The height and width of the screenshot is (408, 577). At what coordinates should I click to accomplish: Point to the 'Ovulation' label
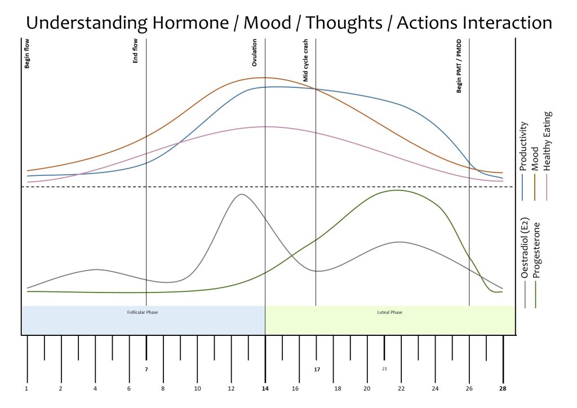click(x=255, y=52)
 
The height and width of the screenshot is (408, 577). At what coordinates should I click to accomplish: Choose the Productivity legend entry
click(x=523, y=146)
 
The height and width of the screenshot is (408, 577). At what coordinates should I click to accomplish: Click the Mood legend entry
click(x=535, y=158)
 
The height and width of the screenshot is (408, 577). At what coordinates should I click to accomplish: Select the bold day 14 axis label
click(x=265, y=389)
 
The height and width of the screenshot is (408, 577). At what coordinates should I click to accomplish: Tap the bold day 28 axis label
click(x=503, y=389)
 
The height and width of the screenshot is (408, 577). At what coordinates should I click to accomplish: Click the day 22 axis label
click(x=401, y=389)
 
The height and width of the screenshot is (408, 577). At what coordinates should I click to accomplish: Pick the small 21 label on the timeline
click(x=384, y=369)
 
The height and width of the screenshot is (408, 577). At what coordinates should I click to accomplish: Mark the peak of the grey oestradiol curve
click(x=242, y=194)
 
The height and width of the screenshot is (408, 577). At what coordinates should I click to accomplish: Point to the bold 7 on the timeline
click(x=146, y=370)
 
